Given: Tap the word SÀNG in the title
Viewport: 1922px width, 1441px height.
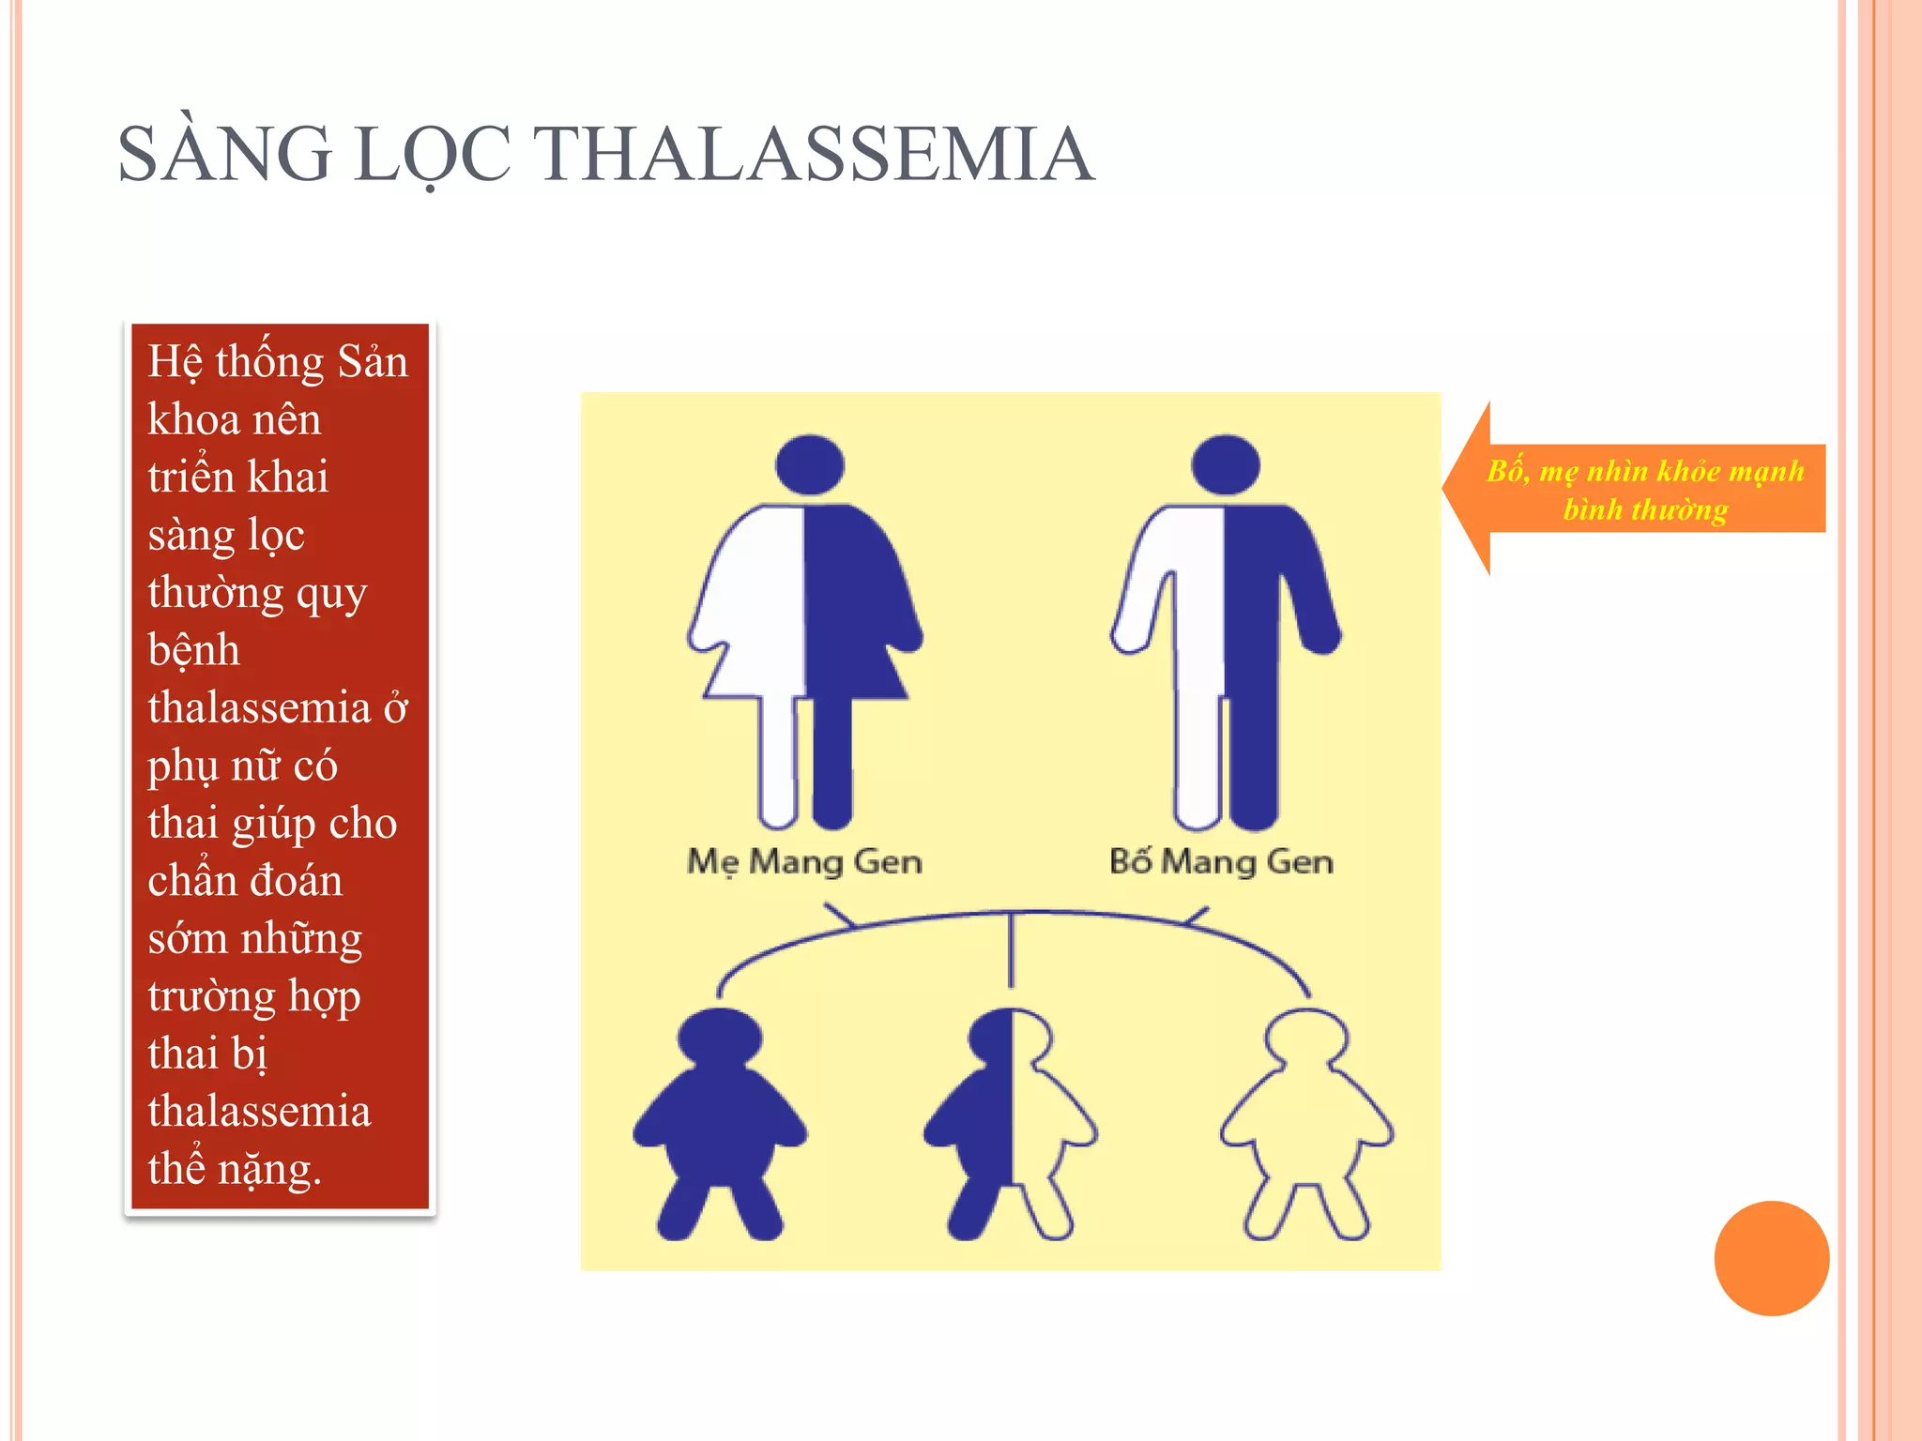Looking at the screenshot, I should (x=225, y=154).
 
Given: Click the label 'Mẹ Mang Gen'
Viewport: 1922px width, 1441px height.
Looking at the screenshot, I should (x=804, y=861).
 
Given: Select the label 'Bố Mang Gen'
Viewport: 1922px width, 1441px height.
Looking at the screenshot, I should (x=1221, y=861).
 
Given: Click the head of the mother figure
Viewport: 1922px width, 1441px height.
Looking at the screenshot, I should (x=810, y=464).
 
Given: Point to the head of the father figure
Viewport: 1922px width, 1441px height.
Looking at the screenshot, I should (x=1225, y=464).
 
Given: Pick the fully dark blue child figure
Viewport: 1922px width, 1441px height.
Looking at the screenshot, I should (x=720, y=1121).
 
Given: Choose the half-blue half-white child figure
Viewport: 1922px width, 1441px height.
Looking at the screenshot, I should (x=1011, y=1121).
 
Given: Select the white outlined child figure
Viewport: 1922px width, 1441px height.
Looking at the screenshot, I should (x=1306, y=1121).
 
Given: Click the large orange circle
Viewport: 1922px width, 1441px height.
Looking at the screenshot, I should (x=1771, y=1258).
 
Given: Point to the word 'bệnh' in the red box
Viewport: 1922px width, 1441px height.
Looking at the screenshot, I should (x=194, y=650).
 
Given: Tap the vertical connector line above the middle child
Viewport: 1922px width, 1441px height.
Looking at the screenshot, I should (x=1011, y=949).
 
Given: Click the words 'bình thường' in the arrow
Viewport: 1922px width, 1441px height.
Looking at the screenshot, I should (x=1645, y=509).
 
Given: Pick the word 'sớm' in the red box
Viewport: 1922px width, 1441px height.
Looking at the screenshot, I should (x=187, y=939).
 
